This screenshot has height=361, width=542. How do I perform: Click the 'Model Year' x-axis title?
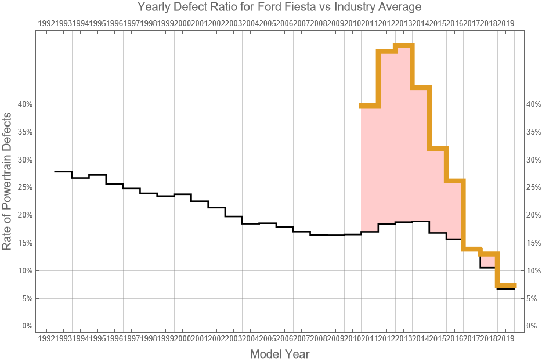(279, 354)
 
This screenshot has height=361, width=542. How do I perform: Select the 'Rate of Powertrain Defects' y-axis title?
(7, 180)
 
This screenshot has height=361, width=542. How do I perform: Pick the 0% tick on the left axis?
(27, 326)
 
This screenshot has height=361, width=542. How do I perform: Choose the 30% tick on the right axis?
(533, 160)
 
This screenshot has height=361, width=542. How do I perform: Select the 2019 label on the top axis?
(506, 23)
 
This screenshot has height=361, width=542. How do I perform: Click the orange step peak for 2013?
(403, 45)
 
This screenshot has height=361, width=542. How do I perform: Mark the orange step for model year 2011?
(369, 106)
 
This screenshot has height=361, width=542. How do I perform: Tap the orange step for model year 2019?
(506, 285)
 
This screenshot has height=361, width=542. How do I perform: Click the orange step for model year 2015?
(438, 149)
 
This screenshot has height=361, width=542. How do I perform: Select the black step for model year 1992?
(63, 172)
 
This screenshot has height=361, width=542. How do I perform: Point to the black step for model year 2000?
(182, 194)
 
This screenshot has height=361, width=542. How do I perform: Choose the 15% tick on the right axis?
(533, 243)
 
